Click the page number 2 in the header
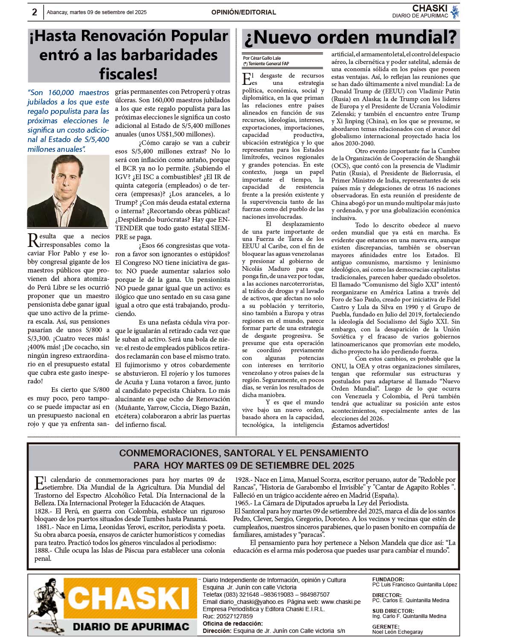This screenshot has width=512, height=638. point(35,12)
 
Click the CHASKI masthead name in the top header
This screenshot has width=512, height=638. point(430,9)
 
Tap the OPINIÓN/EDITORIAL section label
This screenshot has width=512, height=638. point(244,12)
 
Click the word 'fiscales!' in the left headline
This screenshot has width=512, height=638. point(128,74)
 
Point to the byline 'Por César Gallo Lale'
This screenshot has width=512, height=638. point(262,58)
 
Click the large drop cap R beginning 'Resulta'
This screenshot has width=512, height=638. point(33,240)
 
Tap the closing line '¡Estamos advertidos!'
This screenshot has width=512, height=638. point(360,426)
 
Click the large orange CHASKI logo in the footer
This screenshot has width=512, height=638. point(128,599)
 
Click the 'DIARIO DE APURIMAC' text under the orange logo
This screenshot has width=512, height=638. point(131,626)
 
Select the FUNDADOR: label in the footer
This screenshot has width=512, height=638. point(388,580)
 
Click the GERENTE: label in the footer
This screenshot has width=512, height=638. point(386,626)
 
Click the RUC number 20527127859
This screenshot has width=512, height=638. point(234,616)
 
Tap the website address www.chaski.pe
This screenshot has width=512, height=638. point(340,602)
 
